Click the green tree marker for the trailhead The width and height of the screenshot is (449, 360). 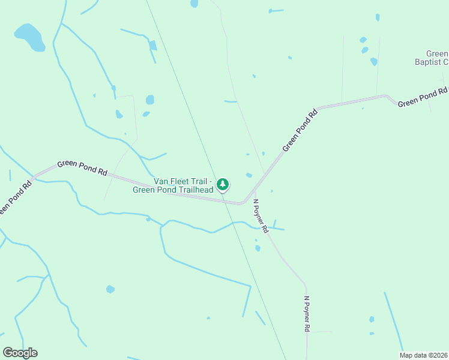coord(223,184)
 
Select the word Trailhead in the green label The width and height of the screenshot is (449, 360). coord(193,190)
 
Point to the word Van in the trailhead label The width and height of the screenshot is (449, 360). coord(161,181)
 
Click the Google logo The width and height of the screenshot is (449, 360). coord(20,353)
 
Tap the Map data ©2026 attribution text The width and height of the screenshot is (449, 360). coord(423,355)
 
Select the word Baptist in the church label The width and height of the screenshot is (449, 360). coord(429,61)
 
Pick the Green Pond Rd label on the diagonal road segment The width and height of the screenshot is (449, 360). coord(300,130)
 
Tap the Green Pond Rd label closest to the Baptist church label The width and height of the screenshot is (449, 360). coord(423,97)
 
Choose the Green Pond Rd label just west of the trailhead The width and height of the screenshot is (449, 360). coord(82,167)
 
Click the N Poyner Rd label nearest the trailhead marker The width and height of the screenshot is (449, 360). coord(259,216)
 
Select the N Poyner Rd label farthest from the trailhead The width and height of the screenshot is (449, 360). coord(307,314)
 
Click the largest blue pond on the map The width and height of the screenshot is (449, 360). coord(29,37)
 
